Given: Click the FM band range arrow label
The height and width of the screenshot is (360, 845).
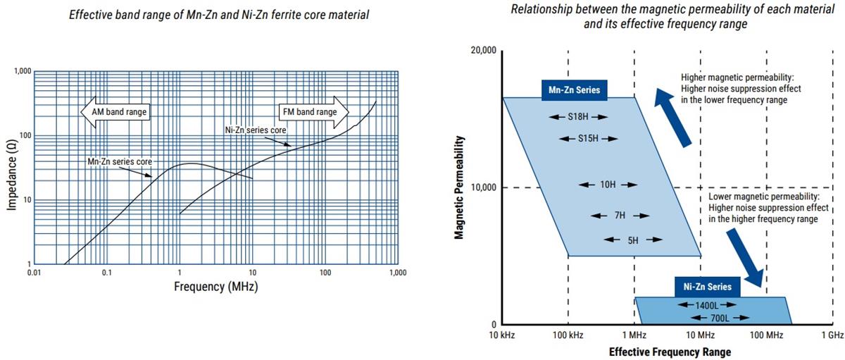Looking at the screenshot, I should coord(311,111).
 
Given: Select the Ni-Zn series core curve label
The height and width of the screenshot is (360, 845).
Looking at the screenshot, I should coord(256,130).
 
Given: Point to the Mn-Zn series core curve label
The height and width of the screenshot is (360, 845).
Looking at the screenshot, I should coord(119,161).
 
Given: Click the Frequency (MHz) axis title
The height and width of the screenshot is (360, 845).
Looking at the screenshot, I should coord(215,287).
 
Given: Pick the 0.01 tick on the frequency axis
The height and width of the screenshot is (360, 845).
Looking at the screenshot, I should coord(33,273).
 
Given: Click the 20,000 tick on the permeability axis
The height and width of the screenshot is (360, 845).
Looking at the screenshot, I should coord(482,51).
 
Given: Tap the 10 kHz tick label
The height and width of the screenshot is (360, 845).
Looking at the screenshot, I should coord(502,335).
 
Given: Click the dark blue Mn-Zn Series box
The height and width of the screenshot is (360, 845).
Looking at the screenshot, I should coord(574,89).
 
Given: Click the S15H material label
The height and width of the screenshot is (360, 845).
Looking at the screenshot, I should coord(588,139).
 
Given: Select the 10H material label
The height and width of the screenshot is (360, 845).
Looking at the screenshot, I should coord(608,185).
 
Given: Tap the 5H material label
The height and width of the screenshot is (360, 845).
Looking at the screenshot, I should coord(632,240).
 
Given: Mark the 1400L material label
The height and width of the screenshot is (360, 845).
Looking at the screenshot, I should coord(706,305).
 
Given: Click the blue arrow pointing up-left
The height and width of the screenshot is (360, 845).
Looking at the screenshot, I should coord(672,116).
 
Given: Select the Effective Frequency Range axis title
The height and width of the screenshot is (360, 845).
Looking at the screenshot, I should coord(669,352).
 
